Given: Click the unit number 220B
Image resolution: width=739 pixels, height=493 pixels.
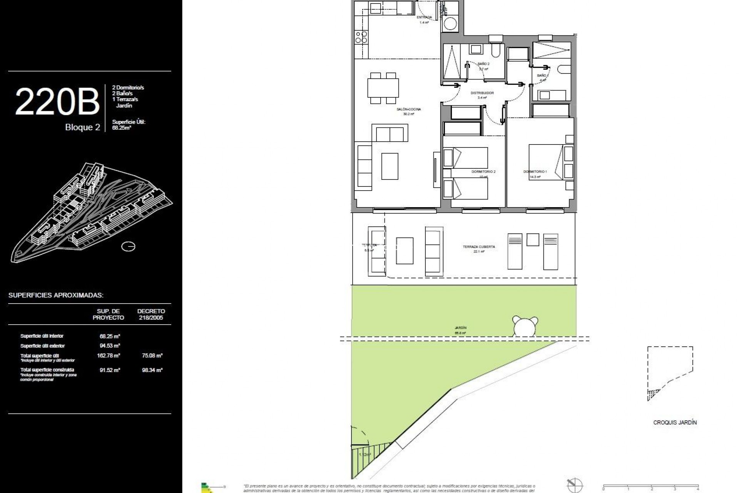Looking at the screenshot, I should point(57,102).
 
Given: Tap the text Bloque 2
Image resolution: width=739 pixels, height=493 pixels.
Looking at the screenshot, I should point(82,127).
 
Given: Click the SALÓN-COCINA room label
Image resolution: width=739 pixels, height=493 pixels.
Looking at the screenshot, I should point(409,109).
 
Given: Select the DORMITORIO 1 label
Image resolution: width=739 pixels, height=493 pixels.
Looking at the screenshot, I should point(535,172).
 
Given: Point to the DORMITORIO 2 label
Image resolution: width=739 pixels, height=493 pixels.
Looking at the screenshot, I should point(483,172).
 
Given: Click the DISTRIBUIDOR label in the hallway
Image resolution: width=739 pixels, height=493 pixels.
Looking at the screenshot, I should point(482,93).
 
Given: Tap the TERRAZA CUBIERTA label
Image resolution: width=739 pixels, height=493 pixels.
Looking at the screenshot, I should point(479,247).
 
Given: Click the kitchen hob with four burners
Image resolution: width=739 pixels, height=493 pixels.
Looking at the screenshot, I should point(361,37).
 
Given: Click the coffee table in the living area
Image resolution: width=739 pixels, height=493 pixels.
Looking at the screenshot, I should point(390,166).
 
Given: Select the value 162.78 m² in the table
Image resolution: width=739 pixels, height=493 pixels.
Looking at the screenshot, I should point(109,355).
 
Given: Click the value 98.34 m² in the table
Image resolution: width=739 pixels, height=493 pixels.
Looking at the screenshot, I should point(152,370).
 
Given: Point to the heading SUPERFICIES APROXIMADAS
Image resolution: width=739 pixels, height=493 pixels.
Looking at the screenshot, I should point(56,295).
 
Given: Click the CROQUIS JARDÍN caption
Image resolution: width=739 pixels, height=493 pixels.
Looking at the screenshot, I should point(675,423).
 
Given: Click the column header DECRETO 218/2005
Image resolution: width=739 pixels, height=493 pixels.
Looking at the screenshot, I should point(151,314).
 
